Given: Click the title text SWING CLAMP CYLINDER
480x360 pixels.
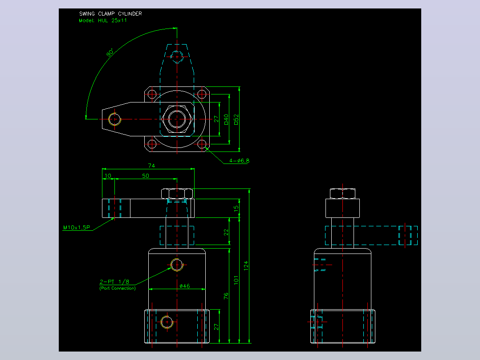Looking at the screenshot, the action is pos(110,14).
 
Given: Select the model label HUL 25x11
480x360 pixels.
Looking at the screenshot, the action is pos(112,20).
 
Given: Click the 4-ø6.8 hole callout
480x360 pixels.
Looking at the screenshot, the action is pos(240,160).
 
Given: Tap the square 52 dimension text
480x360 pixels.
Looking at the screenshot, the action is pos(236,119).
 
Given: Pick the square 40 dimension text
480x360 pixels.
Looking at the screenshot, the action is pos(226,119).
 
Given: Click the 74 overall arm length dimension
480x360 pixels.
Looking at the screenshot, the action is pos(151,166).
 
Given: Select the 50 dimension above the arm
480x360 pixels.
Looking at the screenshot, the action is pos(146,176).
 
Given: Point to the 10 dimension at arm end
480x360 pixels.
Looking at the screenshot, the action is pos(108,176).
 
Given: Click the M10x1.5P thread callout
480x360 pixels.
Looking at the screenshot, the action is pos(77,227).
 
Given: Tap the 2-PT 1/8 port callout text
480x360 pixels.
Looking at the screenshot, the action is pos(114,282).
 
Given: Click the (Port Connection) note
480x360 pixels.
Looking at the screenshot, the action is pos(118,288).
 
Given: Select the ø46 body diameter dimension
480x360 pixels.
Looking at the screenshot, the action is pos(185,286).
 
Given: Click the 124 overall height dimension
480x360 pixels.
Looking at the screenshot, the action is pos(246,266).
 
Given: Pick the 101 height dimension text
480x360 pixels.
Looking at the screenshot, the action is pos(236,280).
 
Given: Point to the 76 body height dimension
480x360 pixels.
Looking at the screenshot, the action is pos(226,296).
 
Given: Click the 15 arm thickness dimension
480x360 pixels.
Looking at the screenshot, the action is pos(236,209).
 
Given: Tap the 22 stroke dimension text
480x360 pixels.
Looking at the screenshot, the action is pos(226,233).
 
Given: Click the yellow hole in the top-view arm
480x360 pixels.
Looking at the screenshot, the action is pos(115,119).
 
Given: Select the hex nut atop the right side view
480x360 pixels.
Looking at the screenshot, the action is pos(342,194).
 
